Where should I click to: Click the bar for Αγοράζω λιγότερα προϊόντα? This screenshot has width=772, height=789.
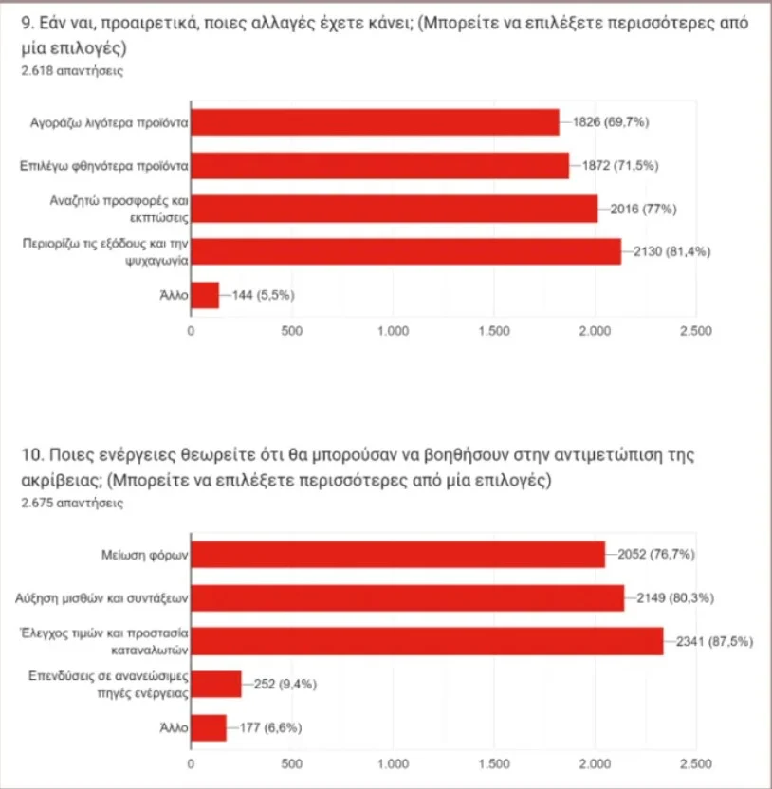(x=375, y=122)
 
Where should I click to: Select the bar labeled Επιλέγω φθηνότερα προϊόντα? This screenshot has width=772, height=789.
(x=379, y=165)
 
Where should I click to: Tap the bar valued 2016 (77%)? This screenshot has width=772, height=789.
(x=394, y=209)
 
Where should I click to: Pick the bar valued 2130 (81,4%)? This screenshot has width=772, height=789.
(x=406, y=251)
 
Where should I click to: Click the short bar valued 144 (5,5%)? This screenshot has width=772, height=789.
(x=205, y=295)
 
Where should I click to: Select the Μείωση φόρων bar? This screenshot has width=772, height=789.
(x=398, y=555)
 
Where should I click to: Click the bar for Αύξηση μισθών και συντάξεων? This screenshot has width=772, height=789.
(x=408, y=597)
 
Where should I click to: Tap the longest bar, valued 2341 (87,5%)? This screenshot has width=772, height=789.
(x=427, y=641)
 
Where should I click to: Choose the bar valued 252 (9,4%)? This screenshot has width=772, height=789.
(x=216, y=684)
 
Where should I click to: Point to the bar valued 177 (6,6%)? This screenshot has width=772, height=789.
(x=209, y=727)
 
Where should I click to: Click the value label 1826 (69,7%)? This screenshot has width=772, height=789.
(x=611, y=122)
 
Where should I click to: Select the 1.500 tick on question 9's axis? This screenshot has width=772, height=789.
(x=493, y=331)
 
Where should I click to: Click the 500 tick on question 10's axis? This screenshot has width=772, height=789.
(x=292, y=763)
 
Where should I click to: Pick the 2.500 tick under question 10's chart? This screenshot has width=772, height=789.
(x=695, y=763)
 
